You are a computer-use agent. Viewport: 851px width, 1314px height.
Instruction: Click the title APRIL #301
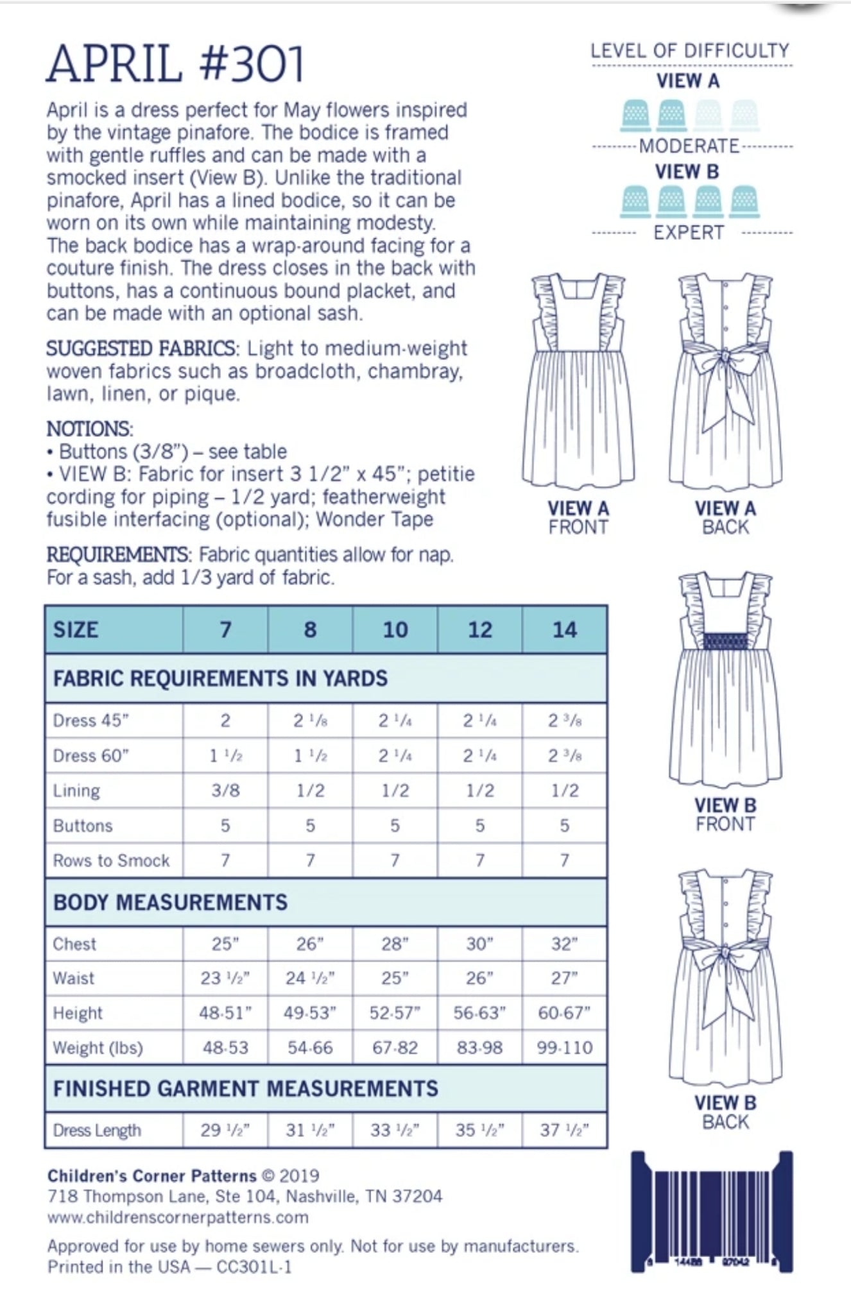[x=175, y=65]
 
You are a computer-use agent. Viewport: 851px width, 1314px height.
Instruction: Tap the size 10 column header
[x=395, y=629]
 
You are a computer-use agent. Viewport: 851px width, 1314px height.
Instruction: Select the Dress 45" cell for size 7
[x=225, y=721]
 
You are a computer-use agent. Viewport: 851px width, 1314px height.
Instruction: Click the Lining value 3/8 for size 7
[x=225, y=790]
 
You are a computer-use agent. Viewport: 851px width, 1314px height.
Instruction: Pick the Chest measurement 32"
[x=564, y=944]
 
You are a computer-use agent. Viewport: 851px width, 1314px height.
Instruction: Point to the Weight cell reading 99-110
[x=564, y=1048]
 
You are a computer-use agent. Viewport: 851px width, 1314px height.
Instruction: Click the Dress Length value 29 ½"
[x=225, y=1130]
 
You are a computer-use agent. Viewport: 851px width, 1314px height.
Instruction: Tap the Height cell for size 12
[x=479, y=1013]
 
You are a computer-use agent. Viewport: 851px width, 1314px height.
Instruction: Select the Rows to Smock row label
[x=111, y=860]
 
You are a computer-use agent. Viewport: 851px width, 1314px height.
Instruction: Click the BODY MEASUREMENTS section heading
[x=170, y=902]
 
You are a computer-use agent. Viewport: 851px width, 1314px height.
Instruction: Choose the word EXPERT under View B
[x=689, y=233]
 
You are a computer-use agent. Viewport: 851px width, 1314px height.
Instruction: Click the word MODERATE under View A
[x=689, y=146]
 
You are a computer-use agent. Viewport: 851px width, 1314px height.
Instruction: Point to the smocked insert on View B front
[x=725, y=640]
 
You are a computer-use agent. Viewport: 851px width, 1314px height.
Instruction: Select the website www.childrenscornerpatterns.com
[x=178, y=1217]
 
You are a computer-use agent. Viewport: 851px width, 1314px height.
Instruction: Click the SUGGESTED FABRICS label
[x=141, y=349]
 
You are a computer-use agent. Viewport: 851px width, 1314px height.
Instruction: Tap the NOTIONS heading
[x=89, y=429]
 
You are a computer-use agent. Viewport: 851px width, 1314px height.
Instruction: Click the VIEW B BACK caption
[x=725, y=1112]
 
